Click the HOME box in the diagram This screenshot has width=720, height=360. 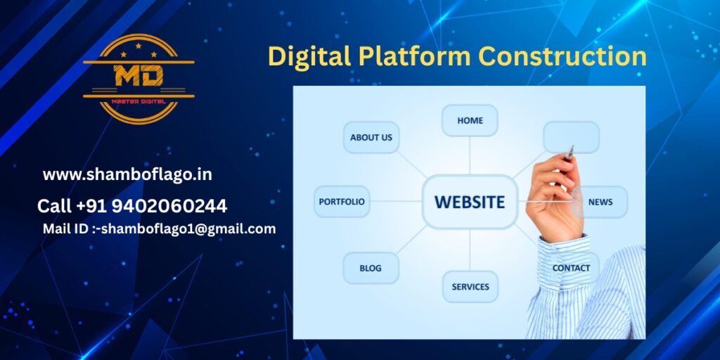470,120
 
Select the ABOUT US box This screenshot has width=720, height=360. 371,137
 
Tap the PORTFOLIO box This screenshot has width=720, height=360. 342,202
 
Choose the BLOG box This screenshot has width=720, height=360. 371,268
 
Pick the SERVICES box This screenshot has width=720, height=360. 470,287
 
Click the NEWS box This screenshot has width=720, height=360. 600,202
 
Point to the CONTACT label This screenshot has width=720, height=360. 571,268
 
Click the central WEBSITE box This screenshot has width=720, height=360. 470,202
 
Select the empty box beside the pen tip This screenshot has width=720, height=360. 571,137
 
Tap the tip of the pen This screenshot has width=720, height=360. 572,146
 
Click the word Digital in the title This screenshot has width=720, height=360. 309,57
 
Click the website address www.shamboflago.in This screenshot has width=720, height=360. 127,175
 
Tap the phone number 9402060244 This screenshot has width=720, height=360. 169,206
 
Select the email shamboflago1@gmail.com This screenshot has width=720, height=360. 188,229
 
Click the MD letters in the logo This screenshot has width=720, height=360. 139,75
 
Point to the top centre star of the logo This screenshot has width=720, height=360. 139,46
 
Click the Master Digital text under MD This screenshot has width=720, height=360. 139,101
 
